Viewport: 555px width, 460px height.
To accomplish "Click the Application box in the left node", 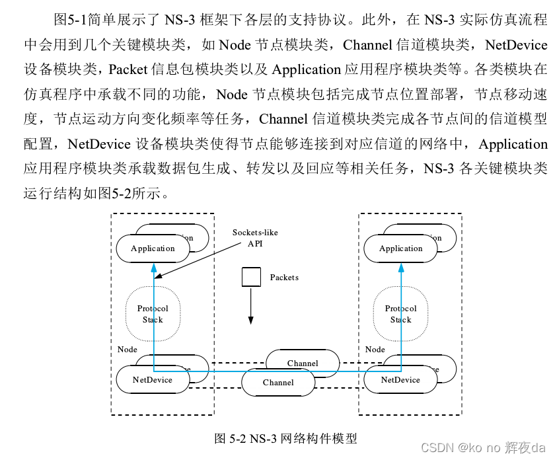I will (x=153, y=249).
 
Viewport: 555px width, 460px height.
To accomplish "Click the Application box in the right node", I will (x=400, y=249).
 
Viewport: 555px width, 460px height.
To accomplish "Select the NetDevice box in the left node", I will (x=153, y=380).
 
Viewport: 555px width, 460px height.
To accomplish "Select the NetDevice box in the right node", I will (x=400, y=380).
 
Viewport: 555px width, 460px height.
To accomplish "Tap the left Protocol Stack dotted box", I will (x=153, y=314).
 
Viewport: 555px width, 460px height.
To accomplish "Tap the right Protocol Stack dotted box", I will (x=400, y=314).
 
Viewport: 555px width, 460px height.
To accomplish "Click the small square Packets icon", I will (x=251, y=277).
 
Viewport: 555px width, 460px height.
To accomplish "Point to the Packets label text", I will (x=284, y=278).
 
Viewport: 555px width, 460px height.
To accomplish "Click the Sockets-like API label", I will (x=255, y=238).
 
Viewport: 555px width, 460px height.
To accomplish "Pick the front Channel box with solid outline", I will (x=278, y=383).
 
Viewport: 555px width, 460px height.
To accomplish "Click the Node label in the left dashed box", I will (x=128, y=349).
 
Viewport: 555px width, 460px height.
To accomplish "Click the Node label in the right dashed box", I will (x=375, y=349).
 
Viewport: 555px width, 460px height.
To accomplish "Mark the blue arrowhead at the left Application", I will (x=153, y=266).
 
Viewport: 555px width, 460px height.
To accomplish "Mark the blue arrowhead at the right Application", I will (x=401, y=266).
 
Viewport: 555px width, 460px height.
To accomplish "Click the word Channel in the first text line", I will (x=368, y=45).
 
